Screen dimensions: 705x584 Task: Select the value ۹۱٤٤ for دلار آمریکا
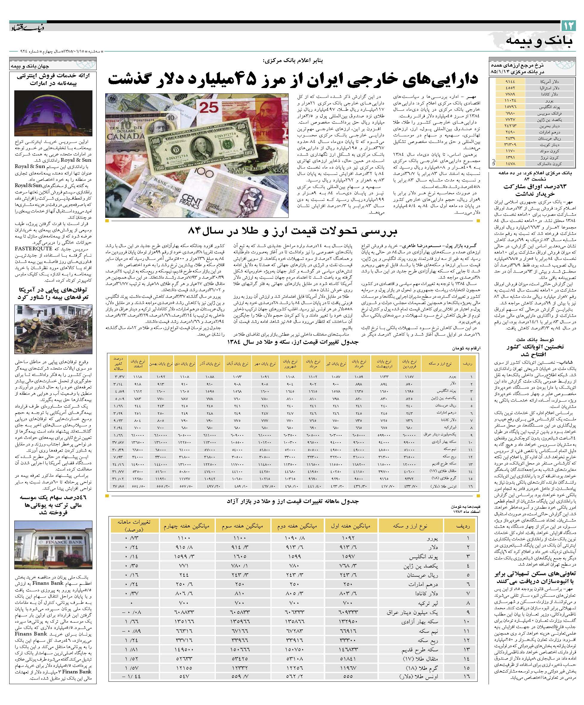(509, 81)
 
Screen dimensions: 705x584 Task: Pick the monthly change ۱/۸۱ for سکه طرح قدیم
(133, 649)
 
